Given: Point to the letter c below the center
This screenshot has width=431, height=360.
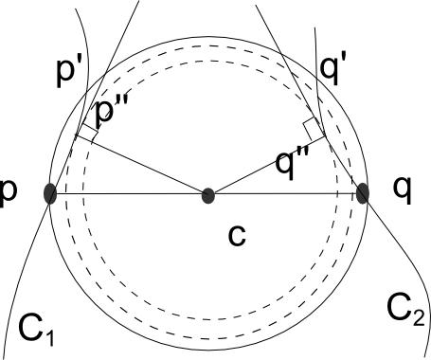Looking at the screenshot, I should (237, 233).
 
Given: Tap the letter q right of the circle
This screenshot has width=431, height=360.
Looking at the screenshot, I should (404, 189).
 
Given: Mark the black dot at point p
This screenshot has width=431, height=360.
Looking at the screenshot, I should (51, 194).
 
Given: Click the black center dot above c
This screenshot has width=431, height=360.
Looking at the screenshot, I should (208, 196).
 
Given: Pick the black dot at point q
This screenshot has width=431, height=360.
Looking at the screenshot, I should (363, 193).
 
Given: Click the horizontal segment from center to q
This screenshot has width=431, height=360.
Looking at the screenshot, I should (284, 195).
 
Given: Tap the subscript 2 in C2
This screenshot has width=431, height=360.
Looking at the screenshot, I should (416, 314).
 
